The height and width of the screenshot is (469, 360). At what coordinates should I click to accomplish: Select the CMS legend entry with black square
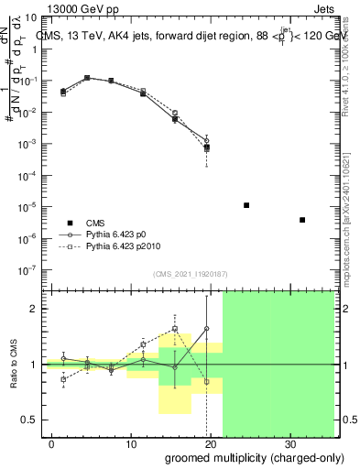[x=95, y=223]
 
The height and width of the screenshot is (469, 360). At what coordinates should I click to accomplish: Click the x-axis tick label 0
[x=53, y=443]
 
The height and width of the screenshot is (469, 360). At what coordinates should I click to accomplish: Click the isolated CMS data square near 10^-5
[x=246, y=205]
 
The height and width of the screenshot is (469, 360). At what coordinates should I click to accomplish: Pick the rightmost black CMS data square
[x=302, y=220]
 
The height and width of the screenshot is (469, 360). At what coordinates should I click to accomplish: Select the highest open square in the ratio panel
[x=174, y=328]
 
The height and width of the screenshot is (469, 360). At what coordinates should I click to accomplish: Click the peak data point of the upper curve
[x=87, y=78]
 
